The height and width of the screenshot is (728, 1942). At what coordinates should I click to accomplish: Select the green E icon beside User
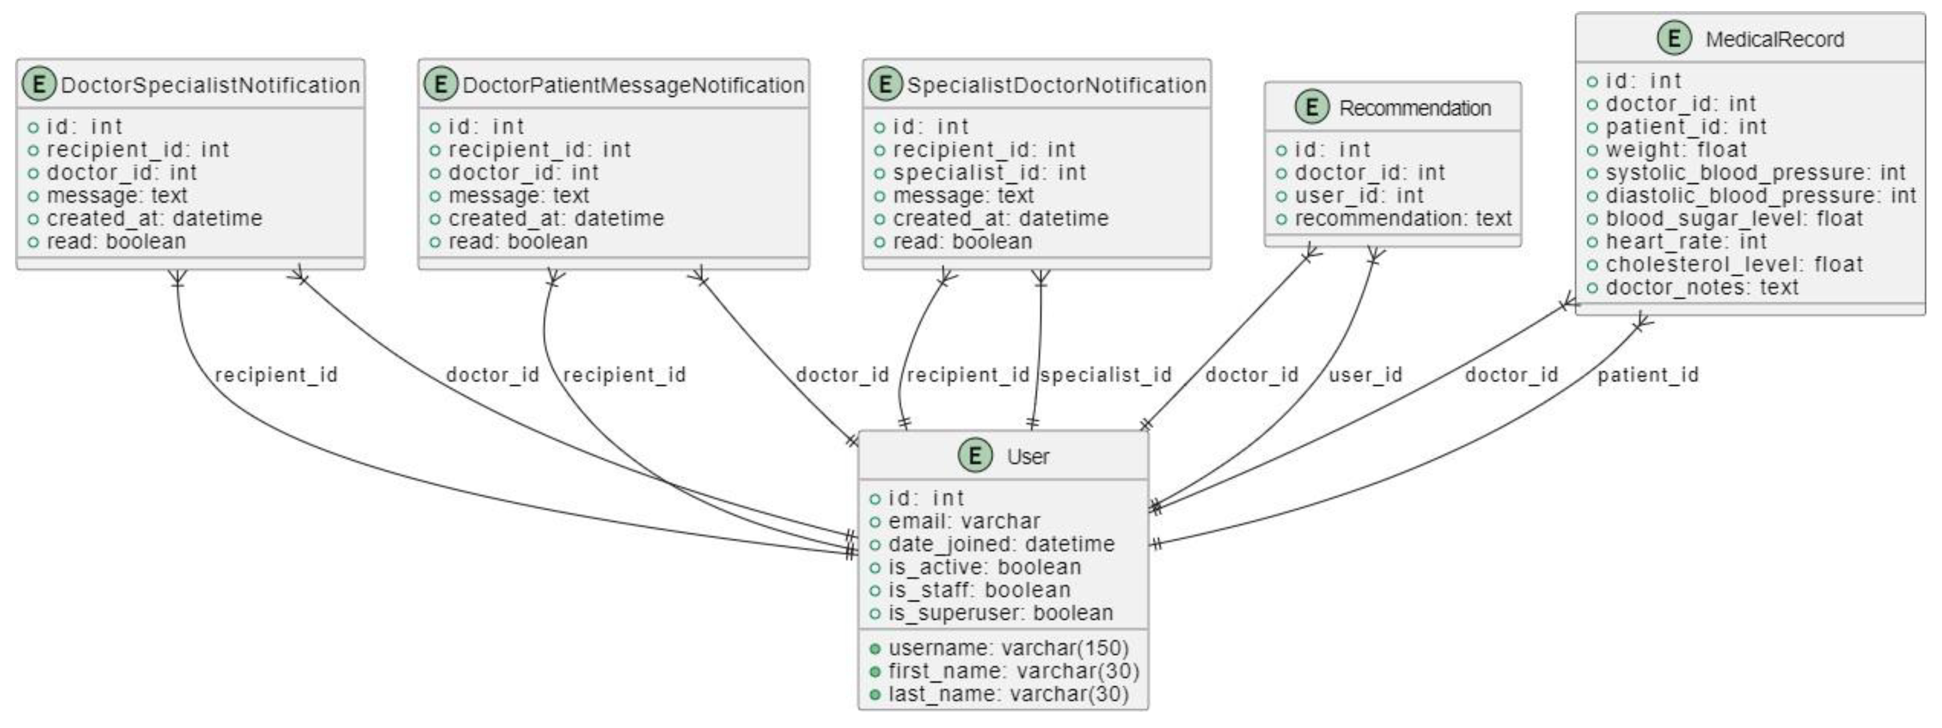(x=975, y=456)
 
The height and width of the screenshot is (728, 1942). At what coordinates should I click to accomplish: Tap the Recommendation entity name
(x=1414, y=108)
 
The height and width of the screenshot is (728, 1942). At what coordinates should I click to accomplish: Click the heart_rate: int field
(x=1686, y=241)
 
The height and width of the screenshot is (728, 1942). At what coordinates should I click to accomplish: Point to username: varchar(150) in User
(x=1008, y=648)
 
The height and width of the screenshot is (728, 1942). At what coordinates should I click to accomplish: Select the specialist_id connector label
(x=1106, y=375)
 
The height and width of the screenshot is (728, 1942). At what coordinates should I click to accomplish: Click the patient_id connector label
(x=1648, y=375)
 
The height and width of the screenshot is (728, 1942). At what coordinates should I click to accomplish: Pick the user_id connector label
(x=1365, y=375)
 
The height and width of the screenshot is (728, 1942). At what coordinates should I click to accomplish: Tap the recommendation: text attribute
(x=1403, y=219)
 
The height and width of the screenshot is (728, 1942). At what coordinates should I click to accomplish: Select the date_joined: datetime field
(x=1000, y=544)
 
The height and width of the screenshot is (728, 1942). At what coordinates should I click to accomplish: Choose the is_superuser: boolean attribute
(x=1000, y=612)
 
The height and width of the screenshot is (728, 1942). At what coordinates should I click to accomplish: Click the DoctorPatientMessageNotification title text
(x=633, y=85)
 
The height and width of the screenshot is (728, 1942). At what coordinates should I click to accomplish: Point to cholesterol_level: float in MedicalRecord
(x=1733, y=265)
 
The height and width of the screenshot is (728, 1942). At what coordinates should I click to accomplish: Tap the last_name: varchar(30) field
(x=1008, y=694)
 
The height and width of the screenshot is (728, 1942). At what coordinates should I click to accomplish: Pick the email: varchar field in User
(x=963, y=521)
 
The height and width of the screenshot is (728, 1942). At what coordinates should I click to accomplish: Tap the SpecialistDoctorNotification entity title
(x=1056, y=85)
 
